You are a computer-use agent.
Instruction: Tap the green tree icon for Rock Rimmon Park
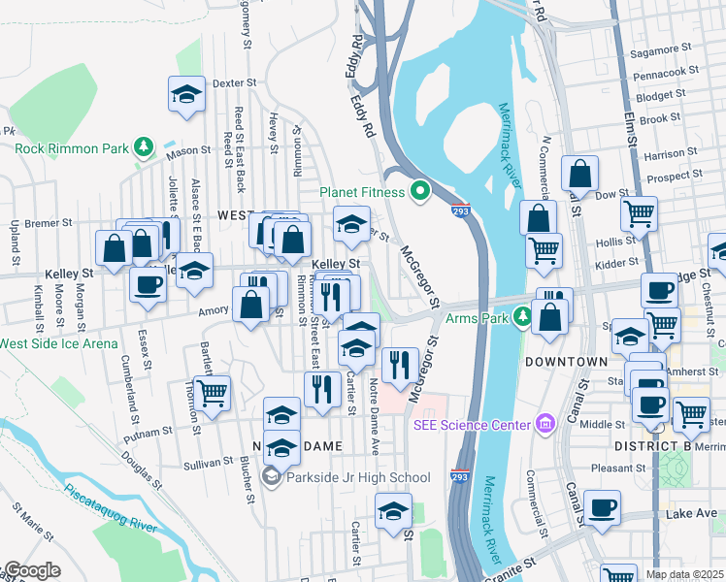[x=144, y=147]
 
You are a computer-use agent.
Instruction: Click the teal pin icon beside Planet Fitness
[x=420, y=191]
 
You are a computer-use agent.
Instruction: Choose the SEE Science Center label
[x=473, y=424]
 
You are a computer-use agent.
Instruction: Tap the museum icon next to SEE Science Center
[x=544, y=424]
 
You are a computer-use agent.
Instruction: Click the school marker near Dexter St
[x=186, y=94]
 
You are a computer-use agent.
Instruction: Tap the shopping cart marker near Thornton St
[x=212, y=393]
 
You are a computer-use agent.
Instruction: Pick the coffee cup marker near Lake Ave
[x=602, y=507]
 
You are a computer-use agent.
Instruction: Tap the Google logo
[x=32, y=571]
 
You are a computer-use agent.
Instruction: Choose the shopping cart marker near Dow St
[x=640, y=213]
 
